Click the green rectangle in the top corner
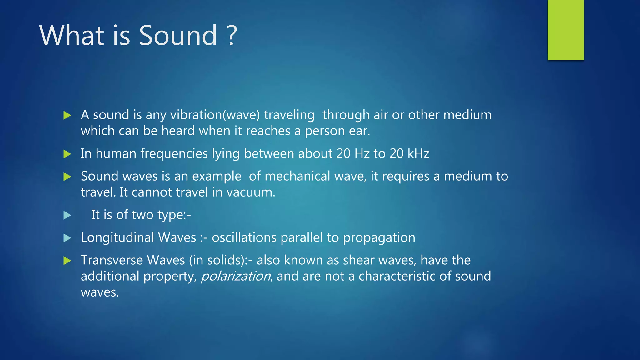[x=566, y=30]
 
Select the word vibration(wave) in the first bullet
[x=215, y=115]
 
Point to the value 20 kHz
[x=409, y=153]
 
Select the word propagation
[x=379, y=238]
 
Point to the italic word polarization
[x=236, y=276]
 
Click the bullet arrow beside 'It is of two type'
[x=67, y=215]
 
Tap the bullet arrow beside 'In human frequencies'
[x=67, y=154]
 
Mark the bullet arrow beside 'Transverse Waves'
[x=67, y=260]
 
